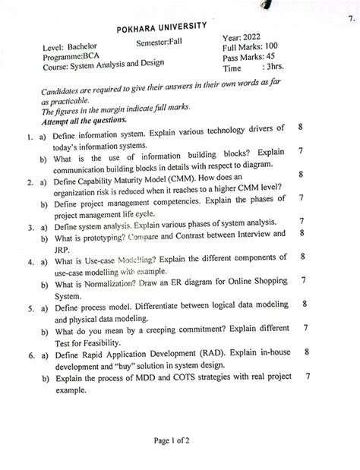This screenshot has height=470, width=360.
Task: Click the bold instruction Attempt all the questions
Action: click(x=84, y=120)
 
